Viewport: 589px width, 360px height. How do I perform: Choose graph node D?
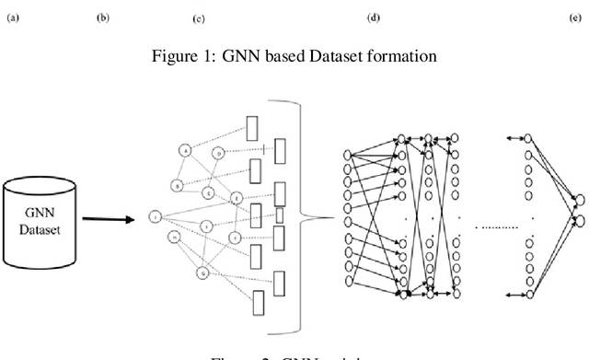pos(218,152)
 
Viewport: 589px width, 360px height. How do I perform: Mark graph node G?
pos(203,272)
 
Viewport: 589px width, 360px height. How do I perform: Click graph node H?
pos(173,238)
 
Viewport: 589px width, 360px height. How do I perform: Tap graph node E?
pos(209,193)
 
